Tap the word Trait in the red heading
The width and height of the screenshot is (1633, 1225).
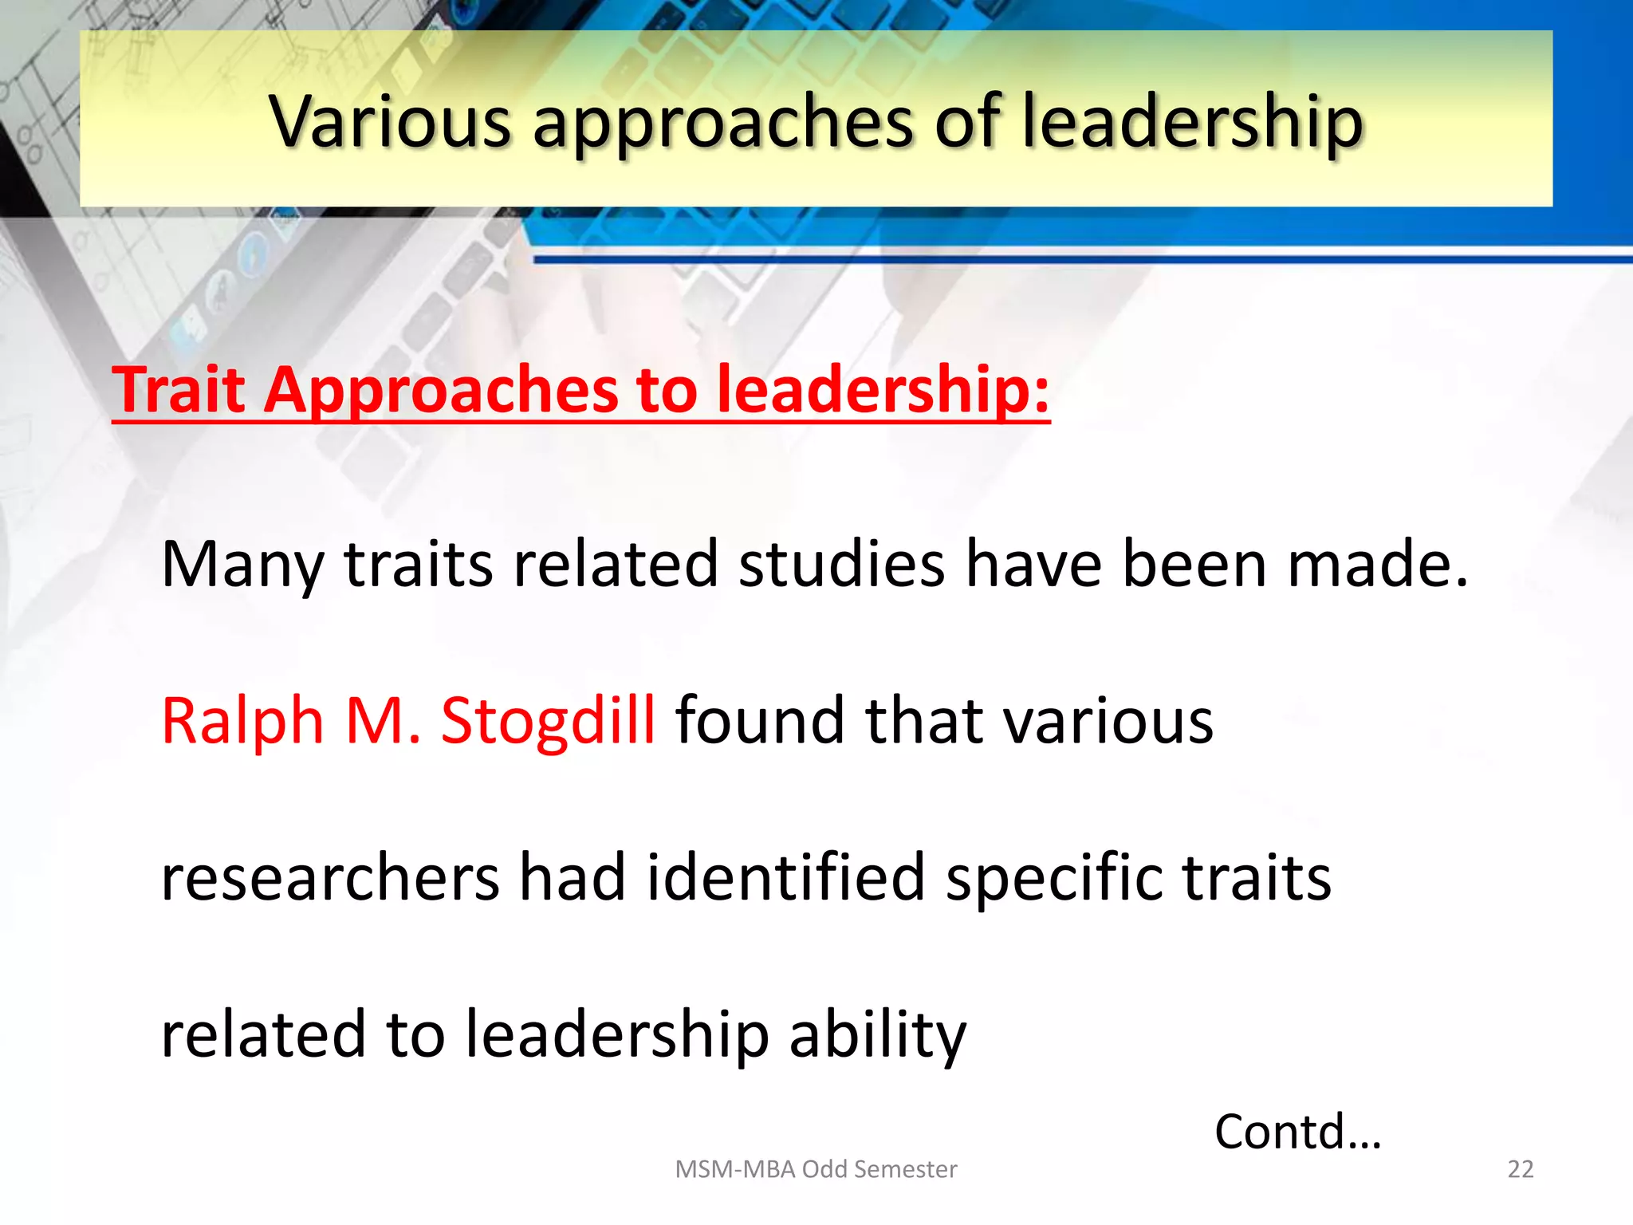pyautogui.click(x=179, y=389)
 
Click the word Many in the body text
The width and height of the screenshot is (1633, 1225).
pyautogui.click(x=242, y=565)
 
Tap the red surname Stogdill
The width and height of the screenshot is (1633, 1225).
pyautogui.click(x=548, y=721)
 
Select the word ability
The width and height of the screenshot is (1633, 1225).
pyautogui.click(x=877, y=1035)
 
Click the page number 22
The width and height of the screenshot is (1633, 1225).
pyautogui.click(x=1520, y=1169)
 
